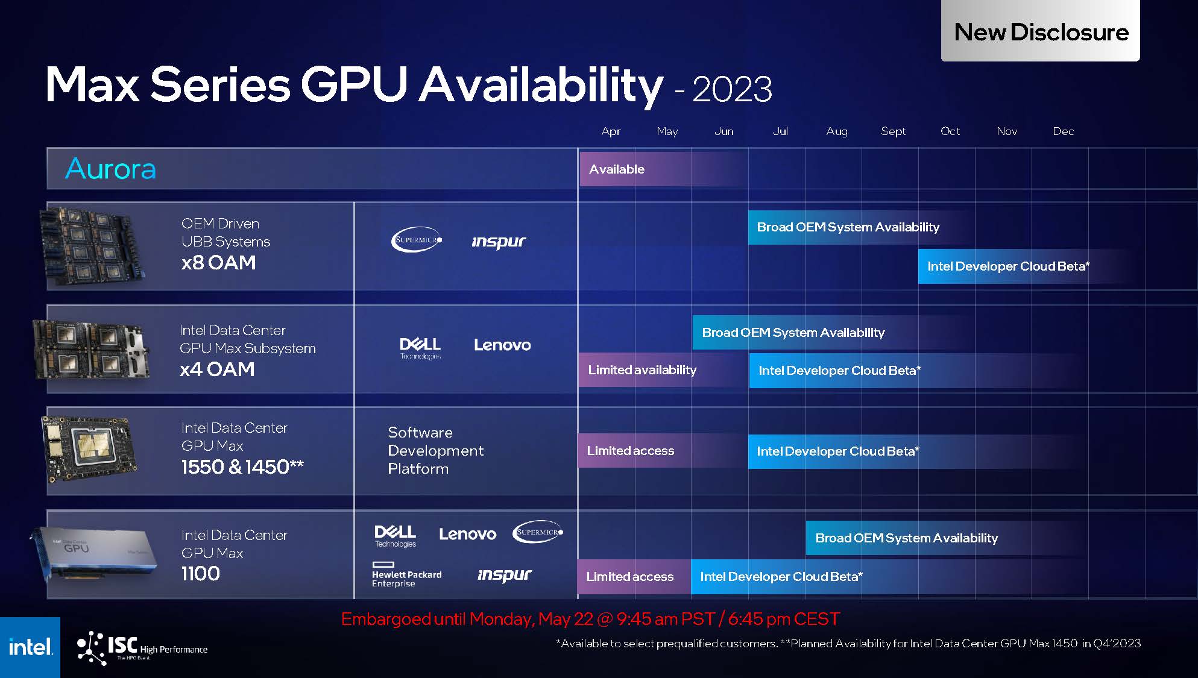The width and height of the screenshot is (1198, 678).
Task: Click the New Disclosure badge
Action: pos(1040,31)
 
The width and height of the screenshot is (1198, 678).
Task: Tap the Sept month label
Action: pos(893,131)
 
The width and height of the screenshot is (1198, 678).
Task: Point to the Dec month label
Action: pos(1063,131)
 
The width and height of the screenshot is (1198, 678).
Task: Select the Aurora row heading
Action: pos(111,169)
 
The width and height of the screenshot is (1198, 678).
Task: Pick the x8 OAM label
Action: pos(218,263)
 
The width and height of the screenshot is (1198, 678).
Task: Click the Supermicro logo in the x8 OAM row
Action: pos(417,240)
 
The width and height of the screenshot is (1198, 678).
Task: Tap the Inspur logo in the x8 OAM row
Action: pos(499,242)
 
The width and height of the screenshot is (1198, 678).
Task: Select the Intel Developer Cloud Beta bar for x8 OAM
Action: pos(1008,266)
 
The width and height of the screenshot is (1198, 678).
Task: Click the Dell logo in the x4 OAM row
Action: pos(420,348)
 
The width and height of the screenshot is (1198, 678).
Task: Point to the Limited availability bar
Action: pos(642,370)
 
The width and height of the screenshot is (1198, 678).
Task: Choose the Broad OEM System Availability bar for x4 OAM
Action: pos(793,333)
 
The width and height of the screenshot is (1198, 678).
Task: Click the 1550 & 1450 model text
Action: pos(242,467)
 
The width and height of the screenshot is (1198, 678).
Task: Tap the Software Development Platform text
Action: pos(435,450)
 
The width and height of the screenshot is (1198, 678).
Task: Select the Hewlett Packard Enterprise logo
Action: pos(406,574)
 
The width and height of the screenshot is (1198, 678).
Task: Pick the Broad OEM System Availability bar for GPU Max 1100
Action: pos(906,538)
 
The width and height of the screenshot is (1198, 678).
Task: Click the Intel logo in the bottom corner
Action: pos(30,647)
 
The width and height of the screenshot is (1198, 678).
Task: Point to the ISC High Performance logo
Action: pos(142,648)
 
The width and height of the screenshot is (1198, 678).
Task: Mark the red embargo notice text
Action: pos(590,619)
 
